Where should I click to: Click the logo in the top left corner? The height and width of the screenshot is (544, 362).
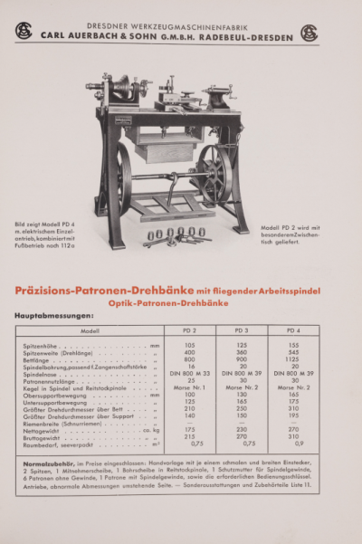[23, 32]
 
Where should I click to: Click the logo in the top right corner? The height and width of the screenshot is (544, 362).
[309, 33]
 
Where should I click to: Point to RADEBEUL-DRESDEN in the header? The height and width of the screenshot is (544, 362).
[258, 37]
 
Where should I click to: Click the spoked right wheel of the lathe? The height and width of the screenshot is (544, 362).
[214, 172]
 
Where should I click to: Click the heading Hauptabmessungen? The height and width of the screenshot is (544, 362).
[54, 316]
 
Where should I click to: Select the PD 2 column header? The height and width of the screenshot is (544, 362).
[189, 331]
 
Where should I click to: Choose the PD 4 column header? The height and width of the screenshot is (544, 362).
[293, 331]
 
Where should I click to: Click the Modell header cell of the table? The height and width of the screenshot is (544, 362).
[90, 331]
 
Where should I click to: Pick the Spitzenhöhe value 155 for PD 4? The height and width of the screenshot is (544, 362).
[293, 345]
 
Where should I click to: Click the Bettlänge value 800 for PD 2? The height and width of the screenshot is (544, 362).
[189, 359]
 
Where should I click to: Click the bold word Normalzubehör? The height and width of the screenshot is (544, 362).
[48, 463]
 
